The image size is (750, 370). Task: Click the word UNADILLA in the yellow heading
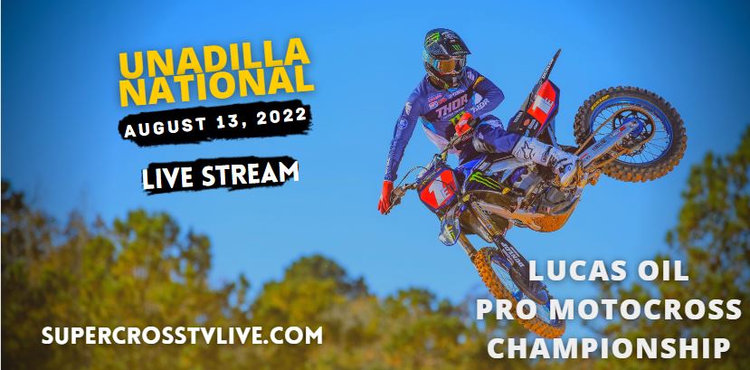tap(214, 57)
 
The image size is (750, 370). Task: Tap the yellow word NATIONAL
tap(216, 85)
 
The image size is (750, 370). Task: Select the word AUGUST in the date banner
tap(165, 126)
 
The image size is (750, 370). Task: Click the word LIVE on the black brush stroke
tap(168, 178)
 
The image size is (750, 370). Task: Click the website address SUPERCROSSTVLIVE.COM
tap(182, 335)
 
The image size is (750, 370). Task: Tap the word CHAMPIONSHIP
tap(609, 347)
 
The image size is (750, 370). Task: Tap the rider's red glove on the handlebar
tap(385, 197)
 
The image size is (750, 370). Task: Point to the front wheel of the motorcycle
tap(517, 292)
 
